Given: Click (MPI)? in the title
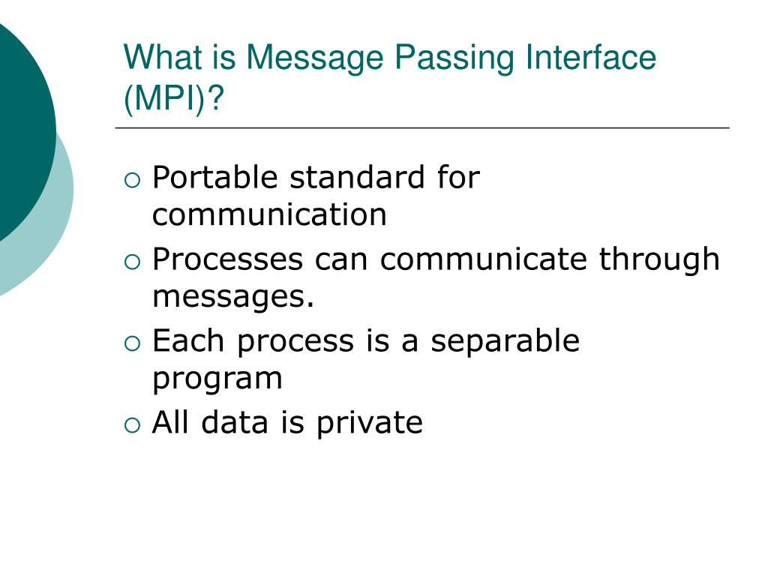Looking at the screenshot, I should tap(174, 99).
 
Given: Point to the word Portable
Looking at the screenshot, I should tap(214, 178).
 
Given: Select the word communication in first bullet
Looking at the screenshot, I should tap(269, 215).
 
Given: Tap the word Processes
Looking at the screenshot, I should tap(227, 259).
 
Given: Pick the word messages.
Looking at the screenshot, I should tap(232, 297).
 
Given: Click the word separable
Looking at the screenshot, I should tap(505, 341).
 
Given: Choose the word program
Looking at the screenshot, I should tap(217, 379).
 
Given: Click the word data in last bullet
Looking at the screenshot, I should tap(239, 423).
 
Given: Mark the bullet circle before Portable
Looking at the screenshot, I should tap(133, 180).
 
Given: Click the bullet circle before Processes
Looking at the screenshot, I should tap(133, 261).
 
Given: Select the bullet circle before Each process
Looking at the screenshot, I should tap(133, 343).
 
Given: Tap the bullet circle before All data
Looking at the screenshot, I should tap(133, 424).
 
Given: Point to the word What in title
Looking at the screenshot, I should tap(154, 58).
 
